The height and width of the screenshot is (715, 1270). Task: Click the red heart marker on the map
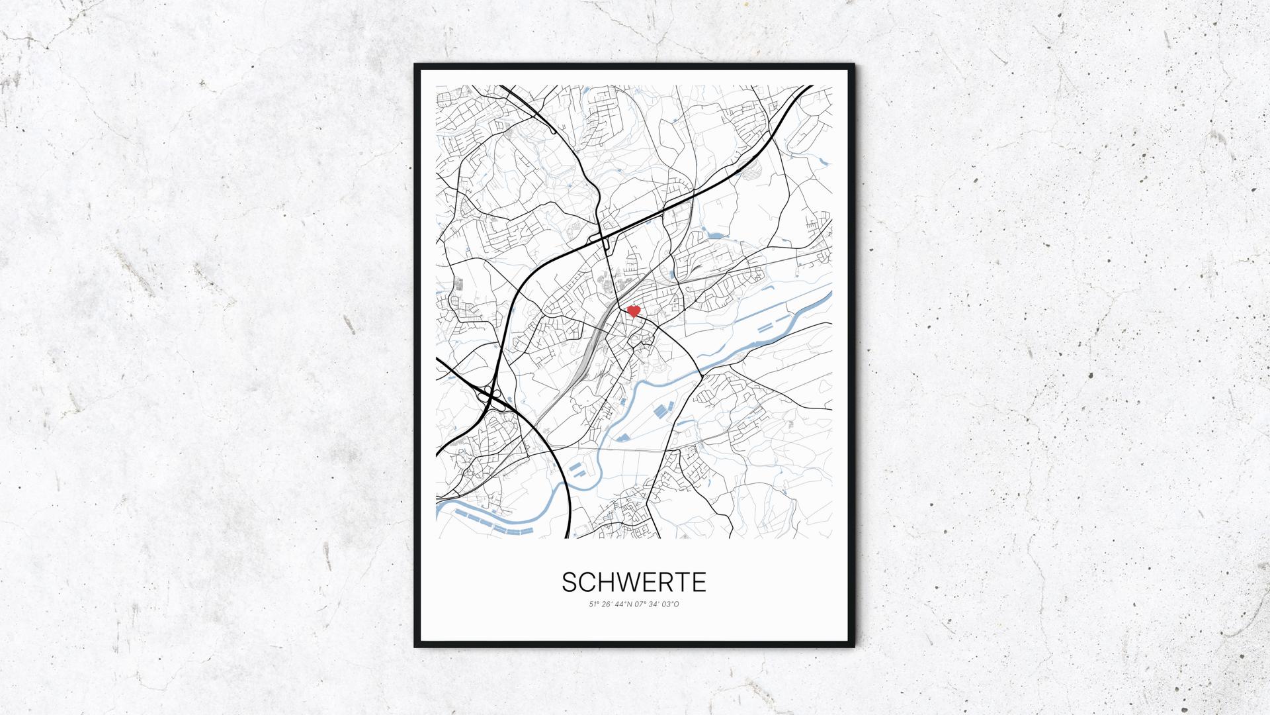(633, 310)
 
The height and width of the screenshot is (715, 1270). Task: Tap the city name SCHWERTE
(634, 583)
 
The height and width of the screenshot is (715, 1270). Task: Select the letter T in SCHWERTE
(685, 583)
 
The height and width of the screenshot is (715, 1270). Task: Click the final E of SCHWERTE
(700, 583)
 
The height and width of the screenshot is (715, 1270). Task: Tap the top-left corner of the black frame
(416, 66)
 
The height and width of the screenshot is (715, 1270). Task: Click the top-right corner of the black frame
(853, 66)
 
